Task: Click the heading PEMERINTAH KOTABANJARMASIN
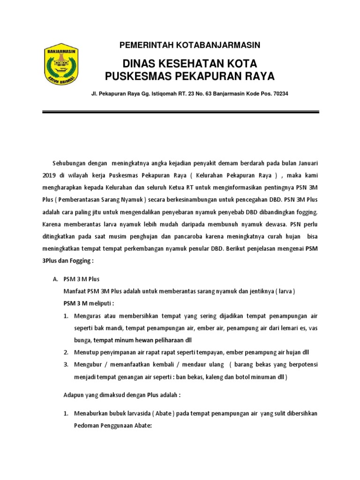click(x=190, y=45)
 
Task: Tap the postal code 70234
click(x=280, y=94)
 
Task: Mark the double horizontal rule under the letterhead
click(x=180, y=112)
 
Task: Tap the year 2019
click(x=49, y=174)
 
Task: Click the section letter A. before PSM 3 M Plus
click(x=54, y=279)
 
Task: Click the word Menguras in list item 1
click(x=87, y=316)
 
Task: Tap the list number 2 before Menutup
click(x=66, y=352)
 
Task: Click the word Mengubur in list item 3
click(x=87, y=364)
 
